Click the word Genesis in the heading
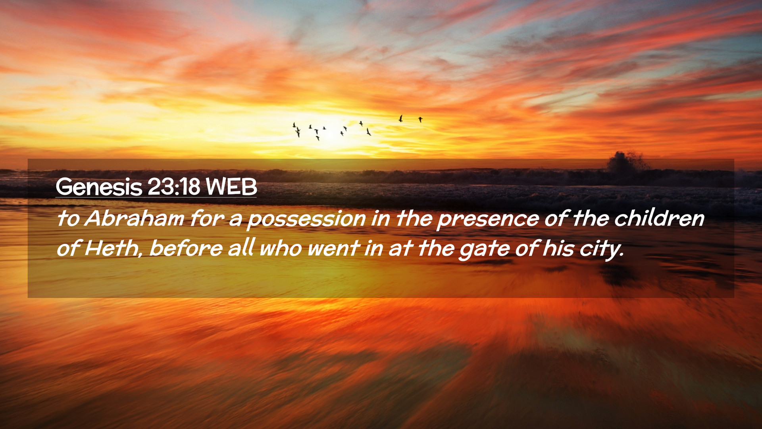tap(99, 186)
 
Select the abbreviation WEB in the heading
tap(231, 186)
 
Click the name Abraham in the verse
tap(134, 218)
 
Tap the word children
tap(659, 218)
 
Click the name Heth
tap(112, 248)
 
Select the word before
tap(186, 248)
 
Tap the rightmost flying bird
tap(420, 119)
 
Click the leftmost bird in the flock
tap(294, 125)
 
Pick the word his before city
tap(558, 248)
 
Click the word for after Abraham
tap(207, 218)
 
